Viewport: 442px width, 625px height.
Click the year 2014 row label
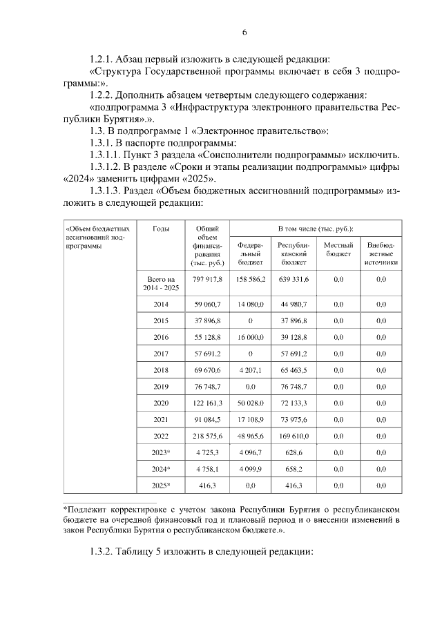click(x=160, y=304)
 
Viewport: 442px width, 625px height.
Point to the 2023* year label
click(x=160, y=453)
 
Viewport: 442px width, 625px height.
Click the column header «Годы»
click(x=160, y=228)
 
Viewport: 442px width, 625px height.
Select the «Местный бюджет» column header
click(x=338, y=249)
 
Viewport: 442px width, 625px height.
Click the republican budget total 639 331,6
click(x=294, y=279)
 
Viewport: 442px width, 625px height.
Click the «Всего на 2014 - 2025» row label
click(x=160, y=283)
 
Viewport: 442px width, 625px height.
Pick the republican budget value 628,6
click(x=294, y=453)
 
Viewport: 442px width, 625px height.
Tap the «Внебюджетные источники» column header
click(x=381, y=253)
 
